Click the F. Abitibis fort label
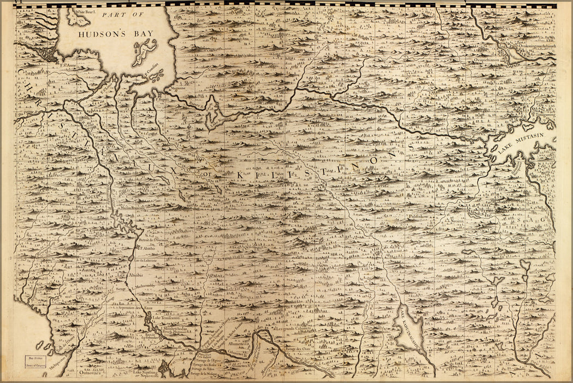point(148,247)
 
